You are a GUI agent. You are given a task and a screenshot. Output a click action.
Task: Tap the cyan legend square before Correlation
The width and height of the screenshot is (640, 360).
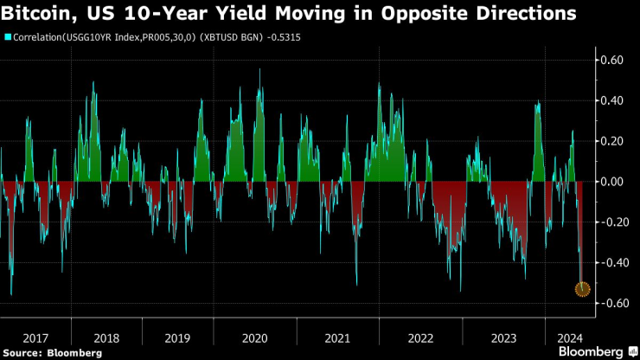click(x=7, y=37)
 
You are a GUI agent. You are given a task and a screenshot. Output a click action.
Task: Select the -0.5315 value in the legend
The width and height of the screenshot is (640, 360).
click(x=304, y=37)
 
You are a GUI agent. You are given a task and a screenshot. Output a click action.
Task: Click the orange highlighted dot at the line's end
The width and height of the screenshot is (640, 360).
click(x=582, y=288)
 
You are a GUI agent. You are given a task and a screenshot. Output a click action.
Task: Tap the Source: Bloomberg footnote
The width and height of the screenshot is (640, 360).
click(x=53, y=352)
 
